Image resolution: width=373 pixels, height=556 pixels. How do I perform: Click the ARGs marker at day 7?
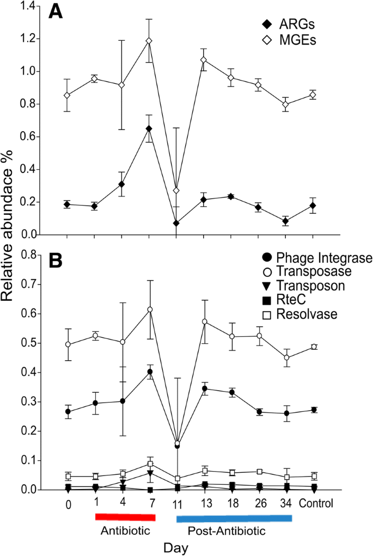click(149, 128)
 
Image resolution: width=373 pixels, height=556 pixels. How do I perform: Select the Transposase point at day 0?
click(67, 344)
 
